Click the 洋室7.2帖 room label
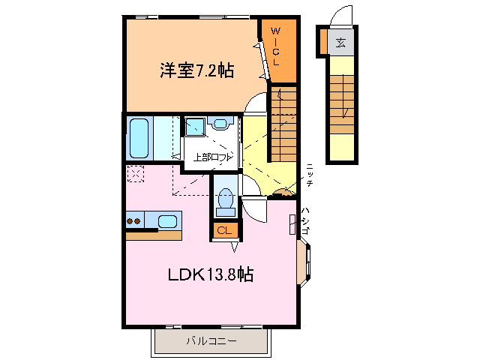196,70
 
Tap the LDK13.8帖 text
209,274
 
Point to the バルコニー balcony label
211,342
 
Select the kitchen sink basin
168,221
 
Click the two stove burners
134,221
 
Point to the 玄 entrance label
340,43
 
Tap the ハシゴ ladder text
304,221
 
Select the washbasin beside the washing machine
222,125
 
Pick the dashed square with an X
136,173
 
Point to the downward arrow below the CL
235,245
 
